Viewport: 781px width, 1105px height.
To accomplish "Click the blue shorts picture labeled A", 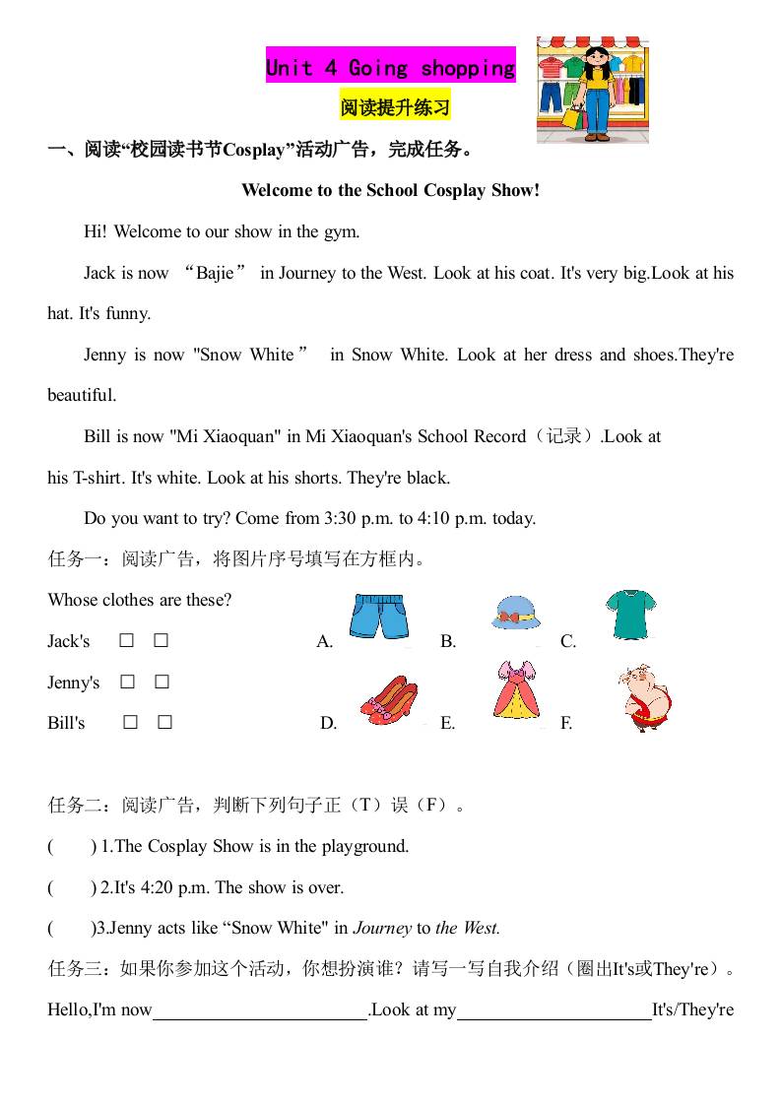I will tap(378, 617).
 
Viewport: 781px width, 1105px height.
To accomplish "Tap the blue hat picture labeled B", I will tap(516, 613).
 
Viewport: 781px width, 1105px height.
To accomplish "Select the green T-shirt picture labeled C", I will tap(628, 614).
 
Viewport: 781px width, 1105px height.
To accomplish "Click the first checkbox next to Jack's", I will tap(127, 641).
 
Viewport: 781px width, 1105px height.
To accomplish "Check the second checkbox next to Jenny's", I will tap(163, 682).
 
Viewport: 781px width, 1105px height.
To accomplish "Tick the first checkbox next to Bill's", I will tap(130, 723).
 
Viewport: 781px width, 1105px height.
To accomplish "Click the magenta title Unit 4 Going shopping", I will tap(390, 68).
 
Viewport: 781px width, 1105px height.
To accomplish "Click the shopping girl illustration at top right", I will tap(593, 90).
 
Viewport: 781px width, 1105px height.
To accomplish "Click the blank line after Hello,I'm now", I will tap(260, 1010).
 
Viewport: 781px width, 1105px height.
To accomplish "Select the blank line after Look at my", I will tap(554, 1010).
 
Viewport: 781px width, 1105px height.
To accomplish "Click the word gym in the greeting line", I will tap(340, 231).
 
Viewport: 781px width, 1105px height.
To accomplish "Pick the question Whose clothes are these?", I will tap(140, 600).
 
